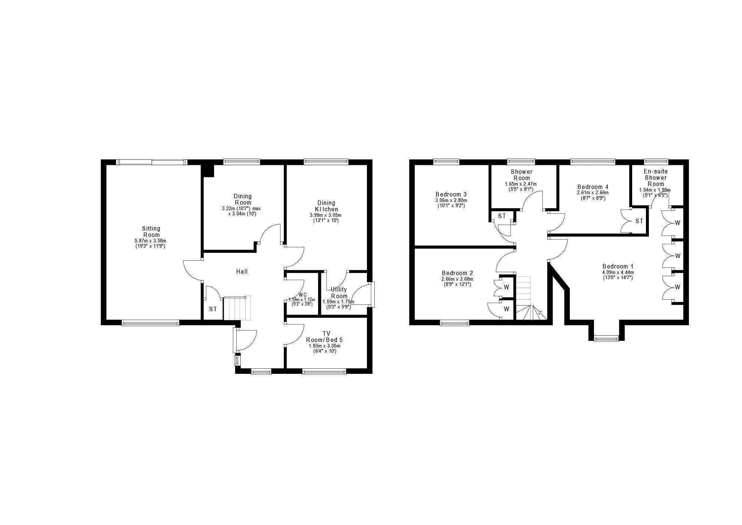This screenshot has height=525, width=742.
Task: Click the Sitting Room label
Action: [x=151, y=232]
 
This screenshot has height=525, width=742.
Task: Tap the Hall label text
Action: [x=242, y=272]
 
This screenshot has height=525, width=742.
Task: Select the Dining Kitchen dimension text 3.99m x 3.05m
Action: [x=325, y=215]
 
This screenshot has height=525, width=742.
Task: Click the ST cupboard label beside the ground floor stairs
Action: [x=213, y=309]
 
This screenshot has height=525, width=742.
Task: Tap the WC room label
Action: [x=303, y=295]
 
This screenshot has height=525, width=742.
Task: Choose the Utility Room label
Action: [x=339, y=293]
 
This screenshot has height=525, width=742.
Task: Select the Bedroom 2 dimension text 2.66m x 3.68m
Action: [x=457, y=279]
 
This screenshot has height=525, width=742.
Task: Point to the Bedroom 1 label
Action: [x=618, y=266]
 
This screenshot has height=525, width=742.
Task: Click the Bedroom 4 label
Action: [x=592, y=187]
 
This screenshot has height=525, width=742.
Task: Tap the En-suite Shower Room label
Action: [x=656, y=177]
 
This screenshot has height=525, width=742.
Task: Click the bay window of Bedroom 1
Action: [x=606, y=338]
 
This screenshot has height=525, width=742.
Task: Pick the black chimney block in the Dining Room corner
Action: [x=208, y=171]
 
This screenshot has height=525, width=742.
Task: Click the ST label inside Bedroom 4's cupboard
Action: [x=639, y=221]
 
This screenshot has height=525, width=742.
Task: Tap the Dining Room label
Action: [x=243, y=199]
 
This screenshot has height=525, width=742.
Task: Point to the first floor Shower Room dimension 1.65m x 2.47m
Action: [x=521, y=184]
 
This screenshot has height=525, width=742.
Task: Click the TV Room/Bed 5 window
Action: [x=324, y=371]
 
